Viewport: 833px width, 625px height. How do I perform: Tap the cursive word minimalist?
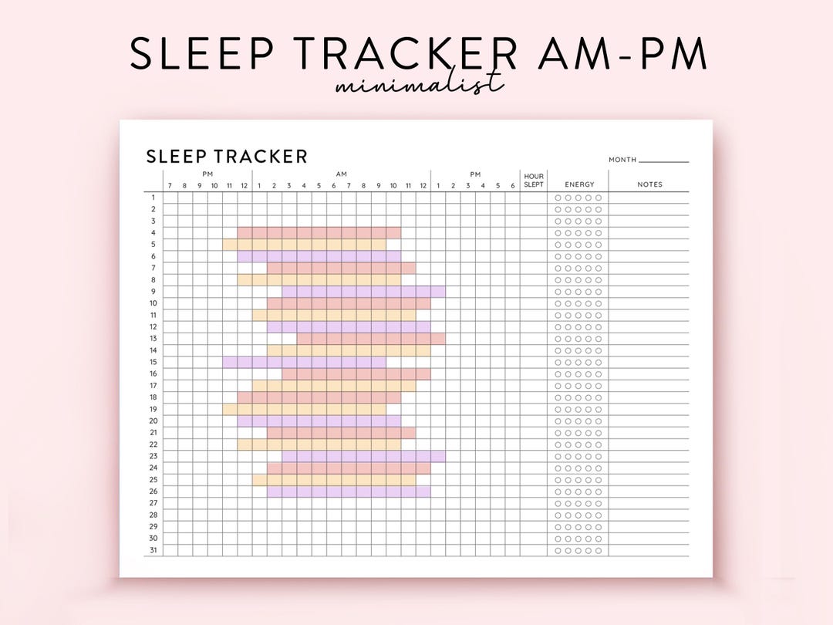click(420, 83)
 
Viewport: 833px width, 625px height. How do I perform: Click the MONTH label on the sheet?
click(622, 160)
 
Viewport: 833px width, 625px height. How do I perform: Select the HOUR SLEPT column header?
click(534, 181)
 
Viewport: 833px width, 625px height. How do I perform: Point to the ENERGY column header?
click(579, 184)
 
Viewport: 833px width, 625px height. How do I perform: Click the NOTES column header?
click(649, 184)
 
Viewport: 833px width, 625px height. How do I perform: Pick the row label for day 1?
click(153, 198)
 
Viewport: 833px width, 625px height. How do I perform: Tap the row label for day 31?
click(153, 550)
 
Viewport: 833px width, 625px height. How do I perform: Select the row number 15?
click(153, 362)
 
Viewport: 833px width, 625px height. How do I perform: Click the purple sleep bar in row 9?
click(363, 292)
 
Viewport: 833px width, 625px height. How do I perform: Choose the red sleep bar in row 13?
click(371, 339)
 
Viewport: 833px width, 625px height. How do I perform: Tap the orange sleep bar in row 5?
click(305, 245)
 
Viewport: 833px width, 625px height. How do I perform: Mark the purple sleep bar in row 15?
click(305, 362)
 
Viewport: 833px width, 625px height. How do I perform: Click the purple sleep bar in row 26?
click(349, 492)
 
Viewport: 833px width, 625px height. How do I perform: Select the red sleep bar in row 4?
click(319, 233)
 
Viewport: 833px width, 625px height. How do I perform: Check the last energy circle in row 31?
click(599, 550)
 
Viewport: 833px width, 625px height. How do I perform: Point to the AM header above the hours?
click(342, 174)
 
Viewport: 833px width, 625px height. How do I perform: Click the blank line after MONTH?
click(663, 160)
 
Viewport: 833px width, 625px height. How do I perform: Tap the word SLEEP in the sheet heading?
click(176, 157)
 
